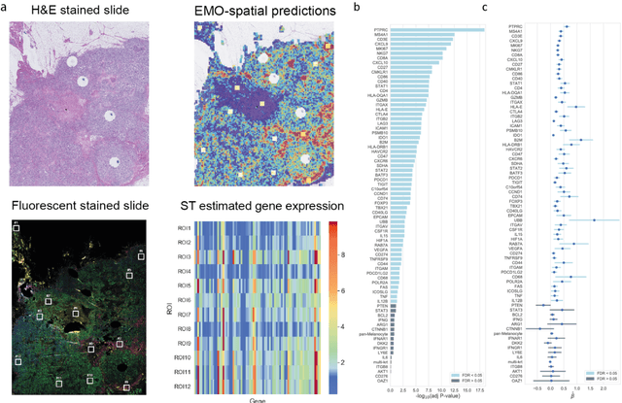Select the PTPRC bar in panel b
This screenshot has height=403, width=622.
(x=428, y=28)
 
